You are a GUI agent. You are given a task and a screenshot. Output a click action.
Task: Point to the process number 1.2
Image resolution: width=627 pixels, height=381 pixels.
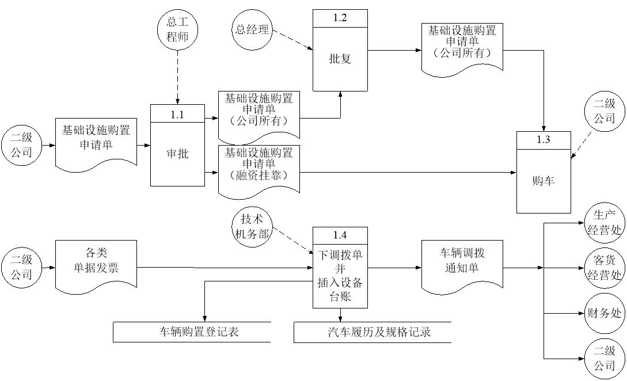(x=340, y=18)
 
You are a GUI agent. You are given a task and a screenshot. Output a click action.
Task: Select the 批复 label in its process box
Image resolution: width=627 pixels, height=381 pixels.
(x=340, y=59)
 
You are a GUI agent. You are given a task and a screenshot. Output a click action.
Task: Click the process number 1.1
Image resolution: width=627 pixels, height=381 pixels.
(x=177, y=114)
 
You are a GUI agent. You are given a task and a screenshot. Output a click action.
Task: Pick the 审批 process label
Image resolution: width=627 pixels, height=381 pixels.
(x=177, y=154)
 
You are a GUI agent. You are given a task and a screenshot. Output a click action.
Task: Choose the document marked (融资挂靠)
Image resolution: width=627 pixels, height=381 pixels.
(x=259, y=167)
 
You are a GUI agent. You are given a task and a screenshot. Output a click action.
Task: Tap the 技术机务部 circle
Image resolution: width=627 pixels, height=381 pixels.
(x=252, y=226)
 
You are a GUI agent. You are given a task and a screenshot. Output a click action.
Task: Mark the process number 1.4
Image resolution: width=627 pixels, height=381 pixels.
(x=340, y=235)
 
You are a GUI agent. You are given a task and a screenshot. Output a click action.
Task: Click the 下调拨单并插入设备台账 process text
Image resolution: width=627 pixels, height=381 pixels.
(x=340, y=276)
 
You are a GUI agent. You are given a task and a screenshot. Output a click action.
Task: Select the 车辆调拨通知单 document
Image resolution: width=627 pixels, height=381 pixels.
(x=462, y=263)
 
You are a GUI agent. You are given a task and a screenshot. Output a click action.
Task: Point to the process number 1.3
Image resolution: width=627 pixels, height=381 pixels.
(x=543, y=140)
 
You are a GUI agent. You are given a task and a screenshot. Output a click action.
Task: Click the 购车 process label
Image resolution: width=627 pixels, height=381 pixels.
(x=543, y=180)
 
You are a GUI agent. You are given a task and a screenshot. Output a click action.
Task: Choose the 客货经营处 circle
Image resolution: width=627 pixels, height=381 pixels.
(x=605, y=268)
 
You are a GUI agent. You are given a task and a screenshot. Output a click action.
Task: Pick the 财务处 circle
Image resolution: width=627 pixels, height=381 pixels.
(x=605, y=313)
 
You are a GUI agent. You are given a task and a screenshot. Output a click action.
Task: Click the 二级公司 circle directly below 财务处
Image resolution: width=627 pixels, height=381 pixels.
(x=605, y=358)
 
